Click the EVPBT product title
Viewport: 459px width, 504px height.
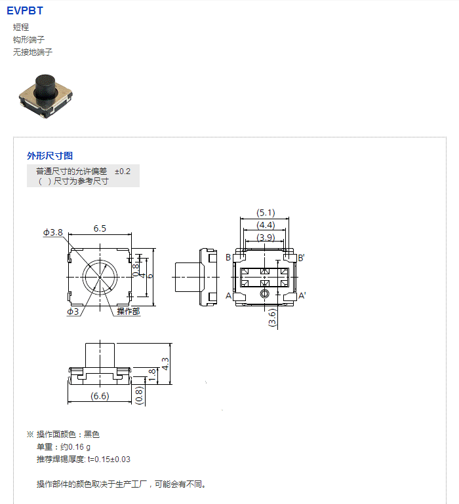[25, 10]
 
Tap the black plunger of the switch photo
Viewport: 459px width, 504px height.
[45, 86]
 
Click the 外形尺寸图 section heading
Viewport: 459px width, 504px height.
[50, 156]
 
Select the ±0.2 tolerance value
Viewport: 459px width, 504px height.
[123, 171]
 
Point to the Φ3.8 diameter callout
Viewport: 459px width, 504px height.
[53, 232]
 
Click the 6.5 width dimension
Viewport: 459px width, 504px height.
[100, 228]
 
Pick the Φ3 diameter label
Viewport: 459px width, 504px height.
[73, 312]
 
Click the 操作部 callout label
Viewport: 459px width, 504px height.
[129, 311]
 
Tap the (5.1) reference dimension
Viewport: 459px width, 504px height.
[266, 213]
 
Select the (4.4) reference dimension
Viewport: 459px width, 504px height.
[266, 225]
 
